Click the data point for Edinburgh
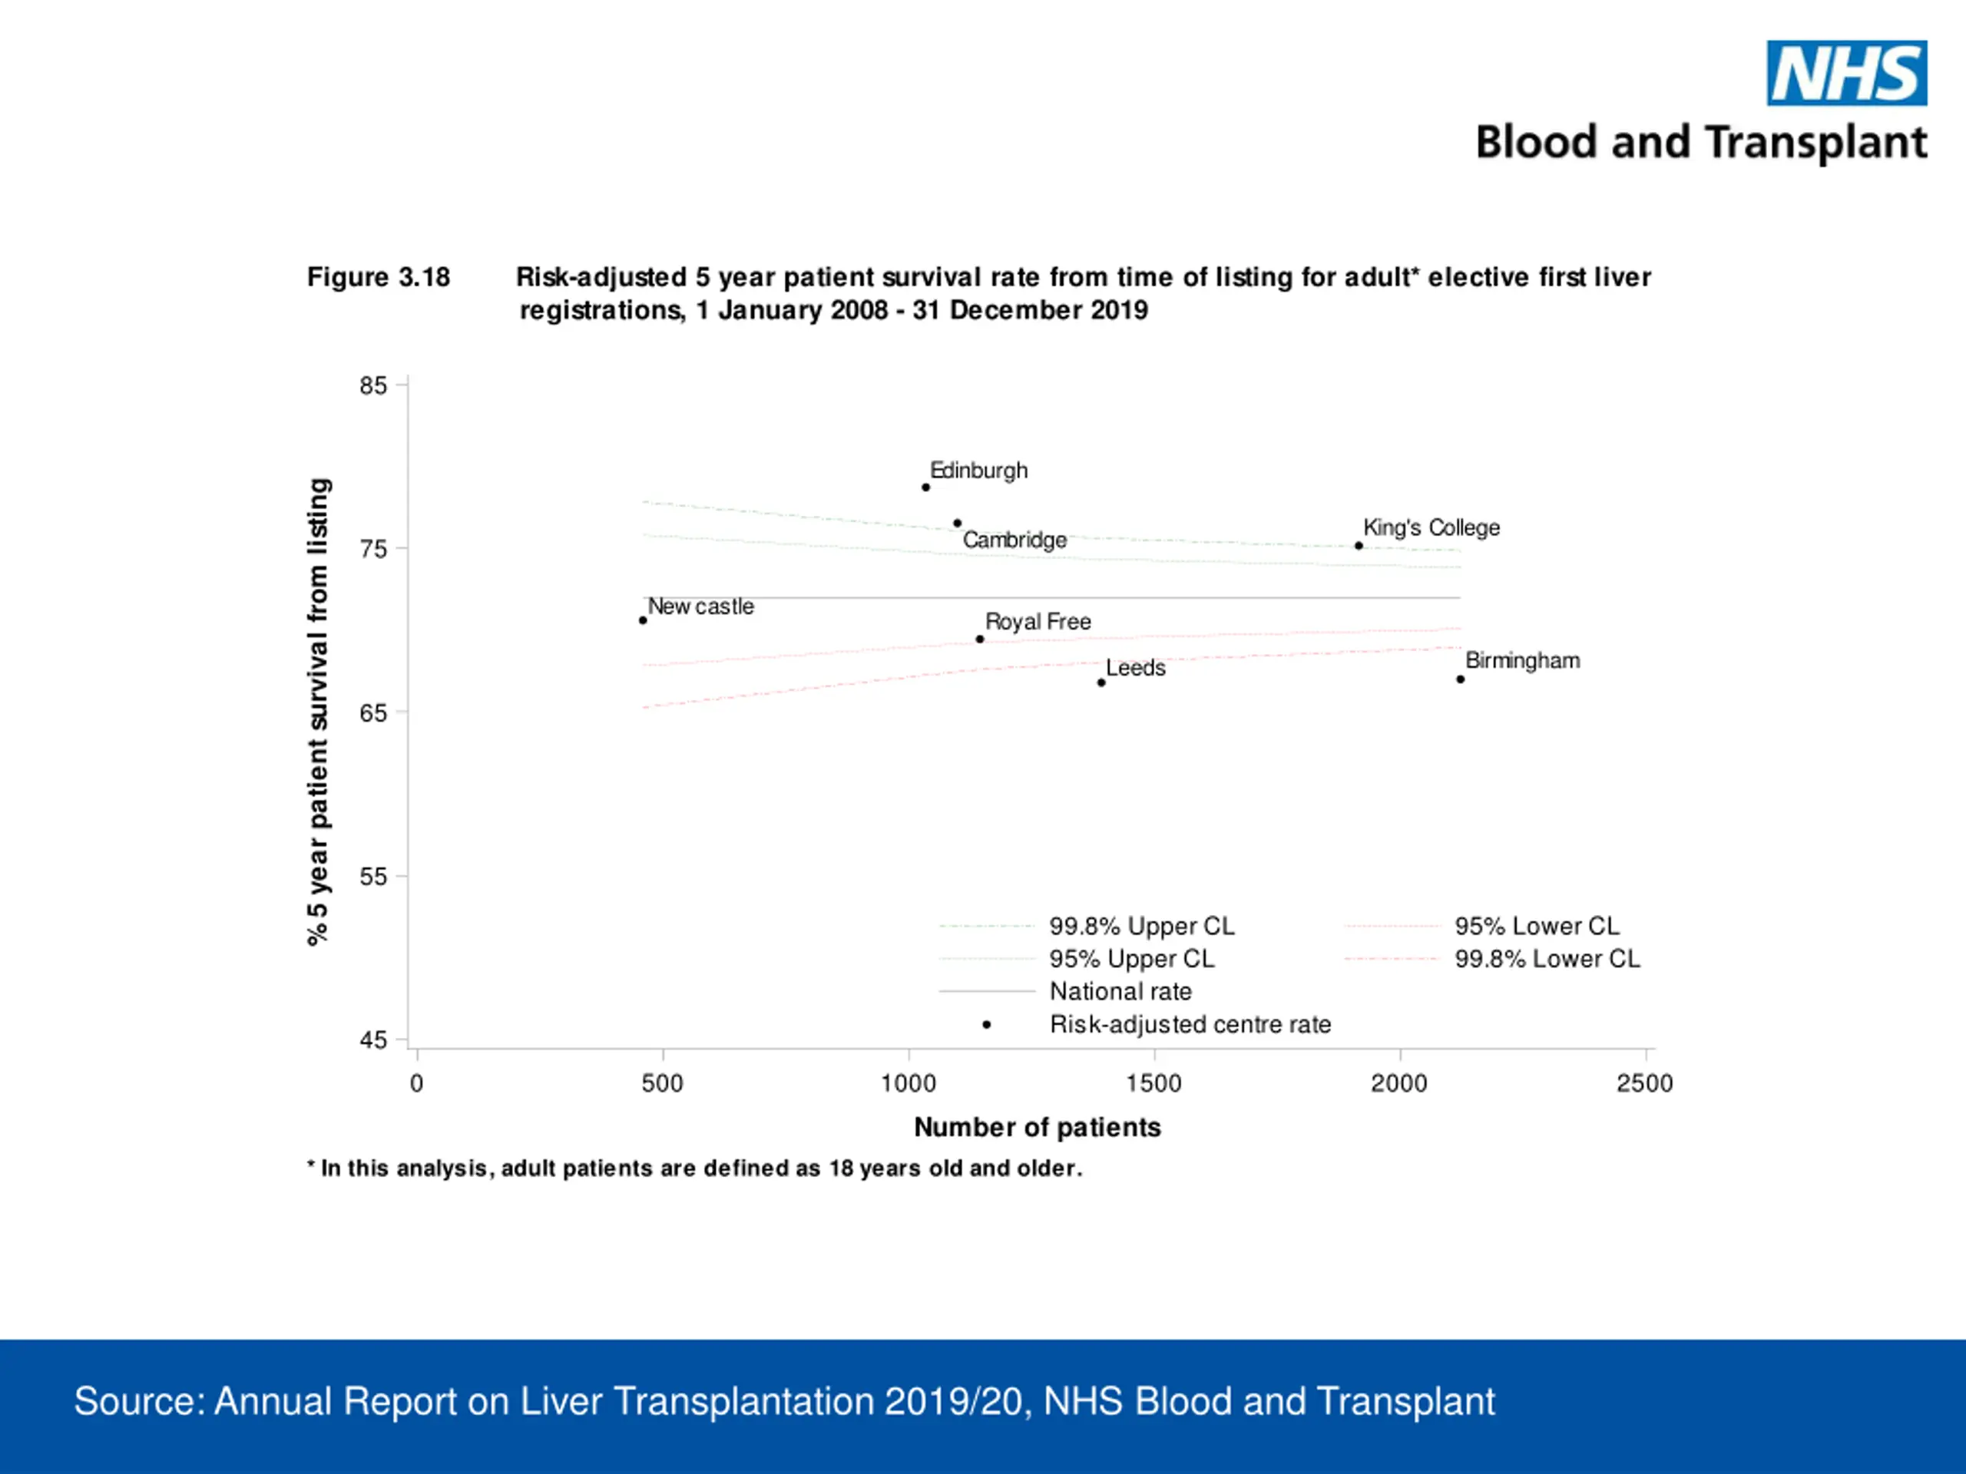pos(925,487)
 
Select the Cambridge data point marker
pos(957,524)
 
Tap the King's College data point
pos(1359,546)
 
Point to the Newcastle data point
pos(643,620)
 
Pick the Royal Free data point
pos(979,639)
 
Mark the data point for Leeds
pos(1101,682)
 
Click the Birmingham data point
pos(1460,679)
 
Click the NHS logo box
pos(1847,73)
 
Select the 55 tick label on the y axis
pos(373,877)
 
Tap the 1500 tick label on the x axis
pos(1153,1083)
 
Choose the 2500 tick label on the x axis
pos(1645,1083)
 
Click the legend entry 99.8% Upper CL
pos(1087,926)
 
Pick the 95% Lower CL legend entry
pos(1481,926)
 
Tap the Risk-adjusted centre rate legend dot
pos(987,1024)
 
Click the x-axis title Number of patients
pos(1038,1128)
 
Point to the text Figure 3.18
pos(379,277)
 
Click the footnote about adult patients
pos(695,1168)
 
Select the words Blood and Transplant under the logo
pos(1701,142)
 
